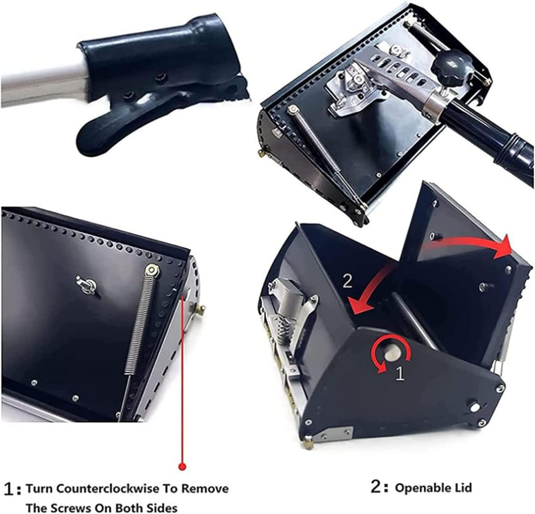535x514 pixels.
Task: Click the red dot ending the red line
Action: pyautogui.click(x=182, y=466)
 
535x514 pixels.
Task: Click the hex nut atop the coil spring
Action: pyautogui.click(x=152, y=271)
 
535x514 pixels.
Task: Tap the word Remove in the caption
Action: pyautogui.click(x=205, y=489)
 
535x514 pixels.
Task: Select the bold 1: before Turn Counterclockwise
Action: pyautogui.click(x=14, y=489)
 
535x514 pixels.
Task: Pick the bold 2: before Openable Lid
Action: pyautogui.click(x=379, y=487)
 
